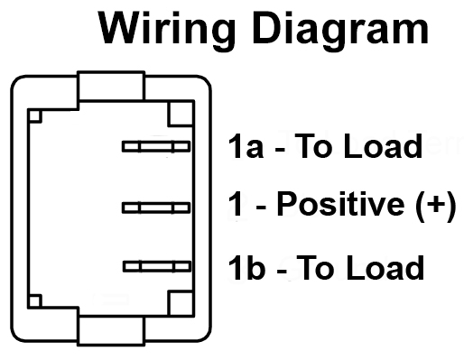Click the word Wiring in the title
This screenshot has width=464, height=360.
point(167,31)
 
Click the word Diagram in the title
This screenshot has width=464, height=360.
point(341,31)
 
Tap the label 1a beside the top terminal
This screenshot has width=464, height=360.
point(246,146)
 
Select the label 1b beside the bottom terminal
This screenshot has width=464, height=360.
point(246,267)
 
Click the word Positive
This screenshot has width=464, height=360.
point(340,205)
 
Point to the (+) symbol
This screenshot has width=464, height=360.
point(436,206)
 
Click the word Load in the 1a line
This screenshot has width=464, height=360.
point(383,146)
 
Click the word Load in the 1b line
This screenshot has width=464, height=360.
point(385,267)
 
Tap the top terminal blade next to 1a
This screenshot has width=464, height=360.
point(156,146)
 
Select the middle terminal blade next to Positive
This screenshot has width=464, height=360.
point(156,208)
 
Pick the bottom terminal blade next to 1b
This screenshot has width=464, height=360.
point(157,266)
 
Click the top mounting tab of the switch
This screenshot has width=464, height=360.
point(111,86)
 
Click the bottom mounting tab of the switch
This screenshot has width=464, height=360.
point(111,330)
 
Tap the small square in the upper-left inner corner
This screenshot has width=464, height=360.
point(35,116)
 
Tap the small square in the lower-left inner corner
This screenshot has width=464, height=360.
point(35,301)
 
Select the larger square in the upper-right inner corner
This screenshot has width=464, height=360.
point(181,114)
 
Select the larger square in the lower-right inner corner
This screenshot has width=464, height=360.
point(181,303)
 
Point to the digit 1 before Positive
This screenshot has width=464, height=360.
point(236,205)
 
